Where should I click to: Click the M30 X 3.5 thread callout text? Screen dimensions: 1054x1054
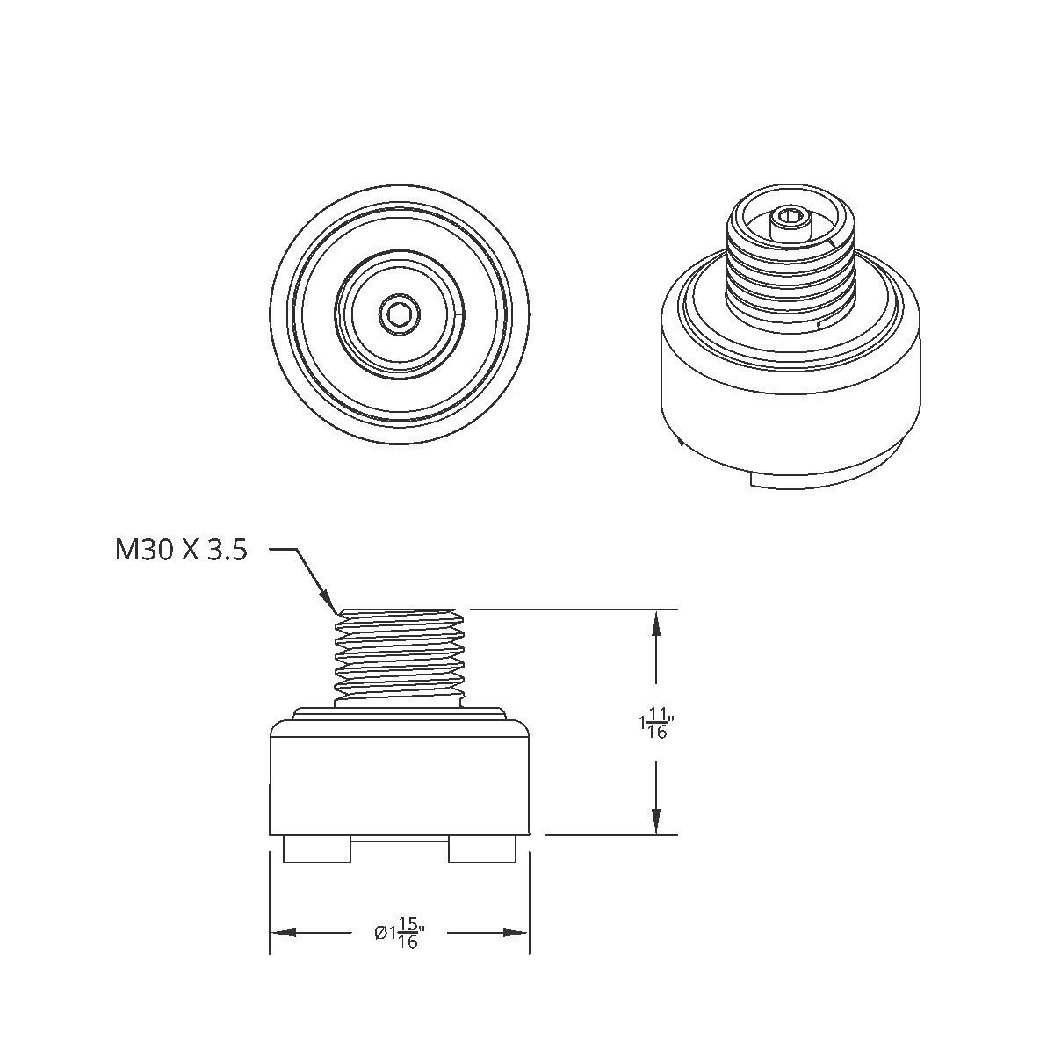tap(181, 551)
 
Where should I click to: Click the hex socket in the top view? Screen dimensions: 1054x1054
tap(399, 314)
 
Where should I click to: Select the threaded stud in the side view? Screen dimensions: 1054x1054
tap(399, 654)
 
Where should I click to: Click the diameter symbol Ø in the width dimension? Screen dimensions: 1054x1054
tap(380, 933)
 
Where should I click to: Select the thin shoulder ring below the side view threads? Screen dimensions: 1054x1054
tap(399, 713)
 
